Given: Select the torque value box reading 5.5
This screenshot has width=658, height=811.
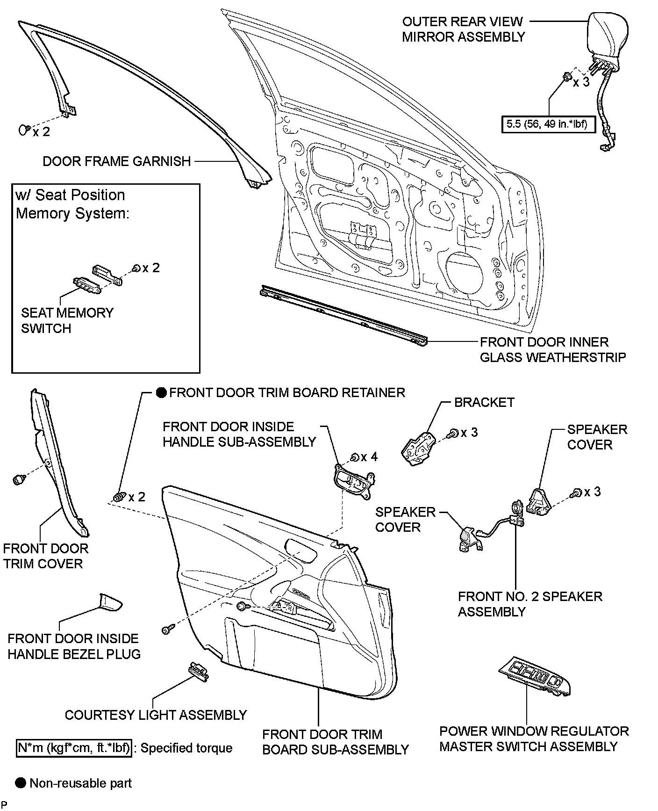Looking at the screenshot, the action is point(548,124).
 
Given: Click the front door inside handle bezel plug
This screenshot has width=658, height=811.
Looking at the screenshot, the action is point(111,602).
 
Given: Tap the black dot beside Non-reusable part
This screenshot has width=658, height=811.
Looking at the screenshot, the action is point(20,783).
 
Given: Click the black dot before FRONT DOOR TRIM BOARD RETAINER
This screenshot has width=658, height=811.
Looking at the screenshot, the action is point(161,392).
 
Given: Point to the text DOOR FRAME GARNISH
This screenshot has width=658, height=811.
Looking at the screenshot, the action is point(117,161).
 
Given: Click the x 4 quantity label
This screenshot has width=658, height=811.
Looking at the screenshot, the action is point(369,457).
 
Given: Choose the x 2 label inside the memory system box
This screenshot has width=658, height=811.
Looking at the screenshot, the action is point(151,268).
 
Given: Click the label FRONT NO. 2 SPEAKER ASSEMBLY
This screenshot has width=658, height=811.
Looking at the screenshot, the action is point(530,604).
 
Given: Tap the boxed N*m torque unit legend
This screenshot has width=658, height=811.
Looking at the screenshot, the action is point(74,748).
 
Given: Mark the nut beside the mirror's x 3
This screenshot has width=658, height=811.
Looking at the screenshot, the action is point(566,78).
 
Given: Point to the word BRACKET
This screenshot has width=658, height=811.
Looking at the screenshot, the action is point(484,402).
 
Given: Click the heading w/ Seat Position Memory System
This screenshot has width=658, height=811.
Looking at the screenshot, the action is point(72,204).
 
